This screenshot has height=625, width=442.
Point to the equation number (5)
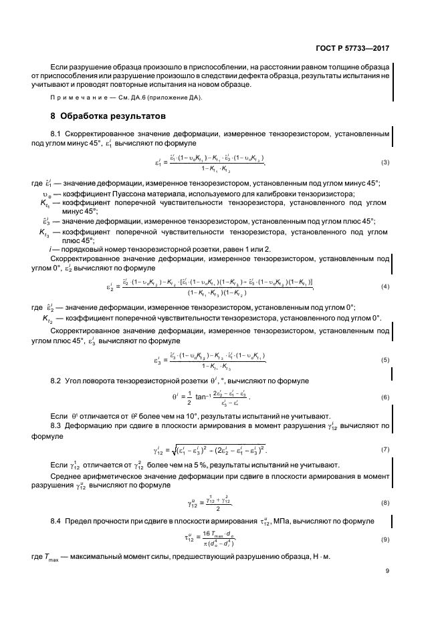[x=385, y=360]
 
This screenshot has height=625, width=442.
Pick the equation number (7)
[x=385, y=449]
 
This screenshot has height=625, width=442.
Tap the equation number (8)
[x=385, y=502]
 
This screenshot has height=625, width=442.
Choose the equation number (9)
[x=385, y=538]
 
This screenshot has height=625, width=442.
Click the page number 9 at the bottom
[x=387, y=589]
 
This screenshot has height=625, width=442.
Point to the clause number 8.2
[x=56, y=381]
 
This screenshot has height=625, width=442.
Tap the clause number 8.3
[x=56, y=425]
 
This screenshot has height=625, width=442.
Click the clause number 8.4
[x=56, y=520]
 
